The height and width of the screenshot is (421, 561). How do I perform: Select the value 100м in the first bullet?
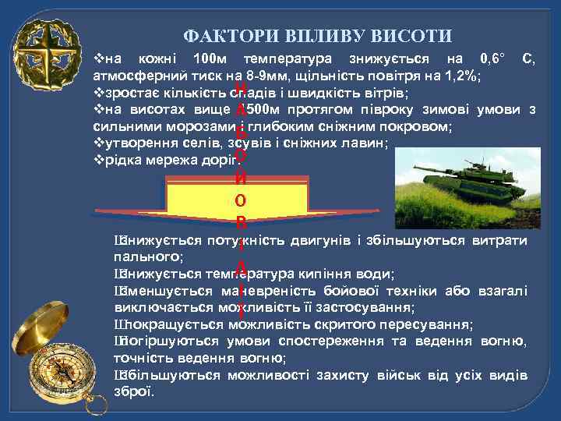(212, 58)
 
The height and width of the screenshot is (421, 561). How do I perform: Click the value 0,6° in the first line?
(493, 58)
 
